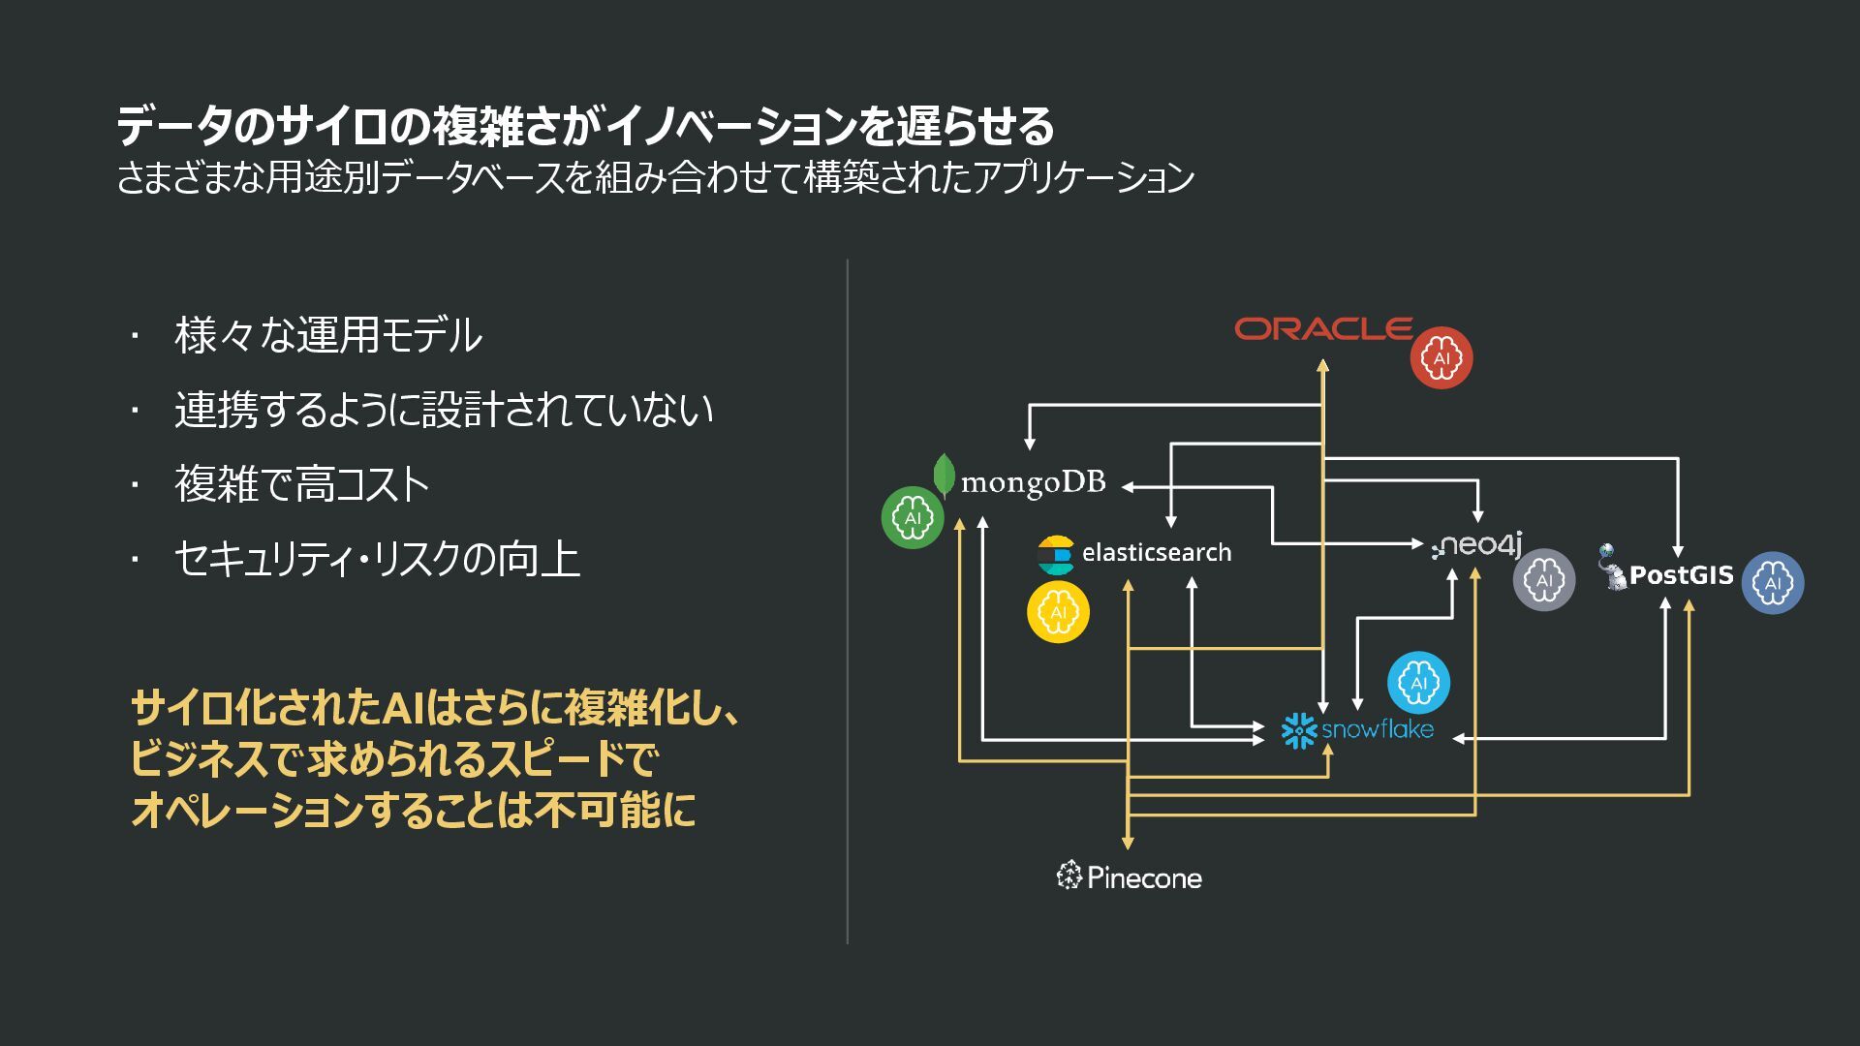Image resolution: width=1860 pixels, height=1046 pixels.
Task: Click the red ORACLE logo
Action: pyautogui.click(x=1323, y=329)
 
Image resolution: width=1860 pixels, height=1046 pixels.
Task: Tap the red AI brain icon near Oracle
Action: pyautogui.click(x=1441, y=357)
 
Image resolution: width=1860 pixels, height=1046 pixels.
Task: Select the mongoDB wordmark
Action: pyautogui.click(x=1033, y=482)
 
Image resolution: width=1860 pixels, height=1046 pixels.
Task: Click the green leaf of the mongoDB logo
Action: pyautogui.click(x=944, y=474)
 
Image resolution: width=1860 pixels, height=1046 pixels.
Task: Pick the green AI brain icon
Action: pyautogui.click(x=913, y=517)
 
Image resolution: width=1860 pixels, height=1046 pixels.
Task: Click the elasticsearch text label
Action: pyautogui.click(x=1156, y=552)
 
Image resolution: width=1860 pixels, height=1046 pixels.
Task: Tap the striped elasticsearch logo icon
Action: pyautogui.click(x=1056, y=555)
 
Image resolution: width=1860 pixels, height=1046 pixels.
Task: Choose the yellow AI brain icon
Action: pyautogui.click(x=1058, y=612)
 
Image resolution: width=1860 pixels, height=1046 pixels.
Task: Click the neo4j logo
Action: pyautogui.click(x=1478, y=544)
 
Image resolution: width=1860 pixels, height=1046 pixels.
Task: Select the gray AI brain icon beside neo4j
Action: pyautogui.click(x=1544, y=579)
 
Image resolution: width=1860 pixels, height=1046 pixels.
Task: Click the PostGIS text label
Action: pyautogui.click(x=1681, y=575)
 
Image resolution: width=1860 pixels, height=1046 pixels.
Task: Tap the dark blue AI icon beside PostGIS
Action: pyautogui.click(x=1773, y=582)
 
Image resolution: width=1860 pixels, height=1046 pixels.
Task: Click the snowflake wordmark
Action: pyautogui.click(x=1377, y=729)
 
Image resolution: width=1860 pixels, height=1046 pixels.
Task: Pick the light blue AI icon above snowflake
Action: pyautogui.click(x=1418, y=683)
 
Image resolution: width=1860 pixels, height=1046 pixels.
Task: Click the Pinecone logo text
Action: pyautogui.click(x=1143, y=877)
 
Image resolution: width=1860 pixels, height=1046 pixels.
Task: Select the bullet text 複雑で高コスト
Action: pyautogui.click(x=301, y=484)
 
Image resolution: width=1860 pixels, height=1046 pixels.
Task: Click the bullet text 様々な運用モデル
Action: pyautogui.click(x=328, y=335)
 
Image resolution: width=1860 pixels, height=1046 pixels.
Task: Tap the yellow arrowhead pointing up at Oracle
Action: pyautogui.click(x=1322, y=366)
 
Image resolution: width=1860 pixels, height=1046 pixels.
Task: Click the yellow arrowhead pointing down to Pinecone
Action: pyautogui.click(x=1128, y=843)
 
